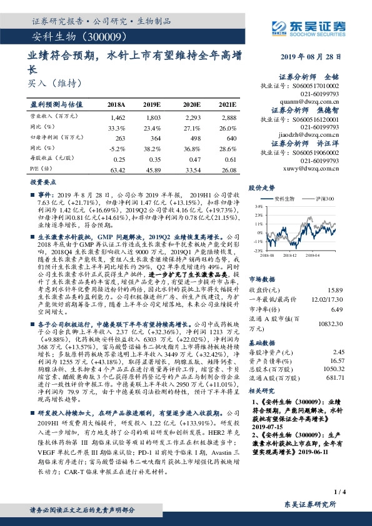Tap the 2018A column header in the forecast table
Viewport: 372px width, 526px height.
tap(116, 105)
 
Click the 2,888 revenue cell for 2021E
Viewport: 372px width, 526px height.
tap(229, 117)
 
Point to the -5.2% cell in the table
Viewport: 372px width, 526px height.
tap(117, 147)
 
